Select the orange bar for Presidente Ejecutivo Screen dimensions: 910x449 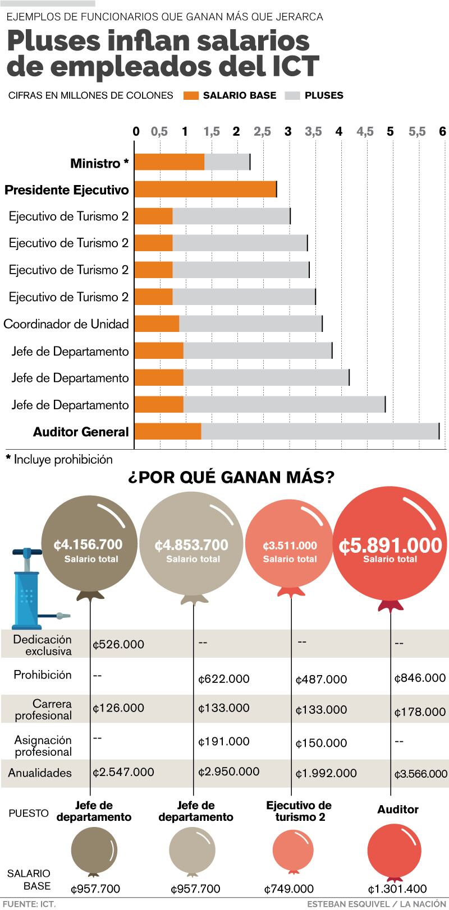205,190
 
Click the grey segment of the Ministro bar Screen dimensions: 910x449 227,162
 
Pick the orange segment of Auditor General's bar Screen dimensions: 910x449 168,431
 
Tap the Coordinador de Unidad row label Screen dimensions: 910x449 66,324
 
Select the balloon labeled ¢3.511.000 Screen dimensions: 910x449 290,547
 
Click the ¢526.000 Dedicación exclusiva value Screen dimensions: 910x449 118,644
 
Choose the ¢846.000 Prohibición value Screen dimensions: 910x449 420,678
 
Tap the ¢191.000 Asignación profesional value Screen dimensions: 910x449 223,741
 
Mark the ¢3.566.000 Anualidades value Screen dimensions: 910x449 420,774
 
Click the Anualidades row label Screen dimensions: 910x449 40,773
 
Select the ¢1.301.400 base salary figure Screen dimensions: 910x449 397,889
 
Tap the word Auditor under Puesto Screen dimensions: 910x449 397,809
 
